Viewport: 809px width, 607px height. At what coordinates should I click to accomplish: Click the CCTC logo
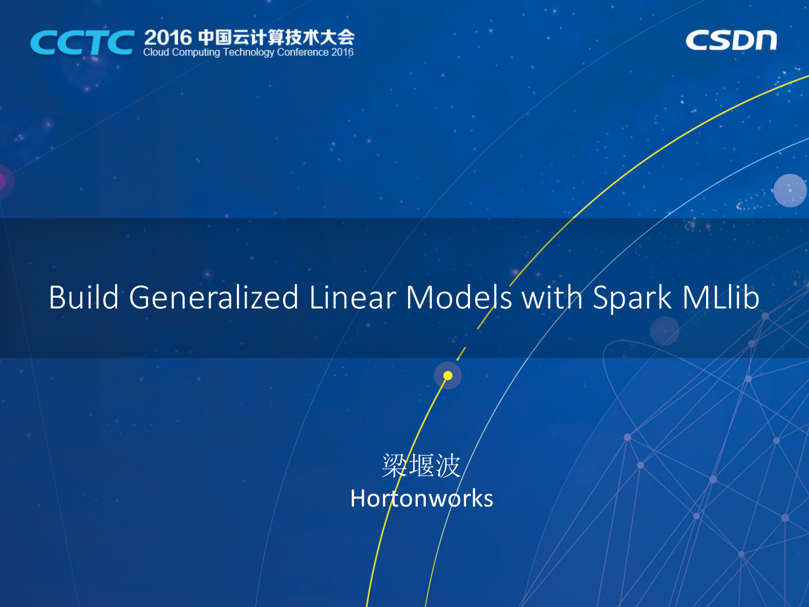(82, 43)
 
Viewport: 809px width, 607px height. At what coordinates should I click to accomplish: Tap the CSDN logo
(731, 40)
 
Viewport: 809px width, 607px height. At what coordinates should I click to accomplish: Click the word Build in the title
(83, 297)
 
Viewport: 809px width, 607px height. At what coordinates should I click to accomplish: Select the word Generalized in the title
(214, 297)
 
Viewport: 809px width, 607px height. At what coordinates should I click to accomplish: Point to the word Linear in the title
(352, 297)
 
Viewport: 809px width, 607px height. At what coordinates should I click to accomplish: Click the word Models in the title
(459, 297)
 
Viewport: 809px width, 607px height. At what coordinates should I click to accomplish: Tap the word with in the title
(552, 297)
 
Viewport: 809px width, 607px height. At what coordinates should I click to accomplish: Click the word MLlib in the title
(721, 297)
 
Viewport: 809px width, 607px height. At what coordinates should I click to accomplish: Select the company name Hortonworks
(422, 499)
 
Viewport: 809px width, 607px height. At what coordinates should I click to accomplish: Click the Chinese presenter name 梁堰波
(421, 466)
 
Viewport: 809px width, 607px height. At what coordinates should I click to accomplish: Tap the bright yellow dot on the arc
(448, 375)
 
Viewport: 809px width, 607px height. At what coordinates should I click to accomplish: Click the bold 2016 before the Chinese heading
(168, 38)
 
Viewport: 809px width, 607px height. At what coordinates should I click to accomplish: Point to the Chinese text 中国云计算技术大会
(277, 38)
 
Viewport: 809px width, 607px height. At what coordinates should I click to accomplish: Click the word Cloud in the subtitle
(156, 52)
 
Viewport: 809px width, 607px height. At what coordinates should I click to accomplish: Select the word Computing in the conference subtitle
(196, 52)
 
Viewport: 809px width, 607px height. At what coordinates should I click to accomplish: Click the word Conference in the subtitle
(303, 52)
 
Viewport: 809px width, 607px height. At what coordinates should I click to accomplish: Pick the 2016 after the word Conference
(342, 52)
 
